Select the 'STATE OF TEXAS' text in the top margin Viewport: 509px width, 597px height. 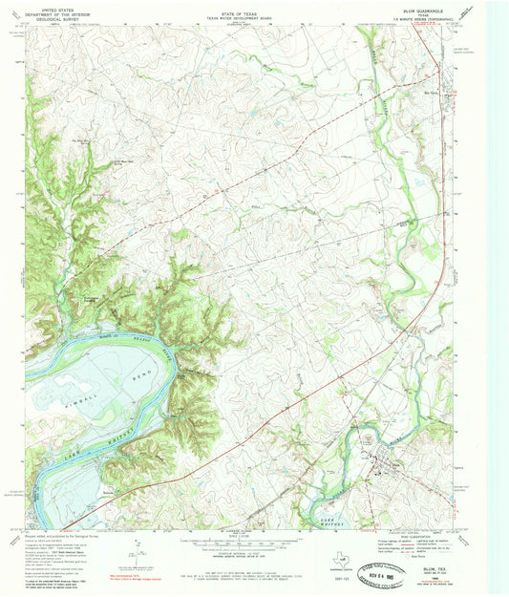click(x=238, y=7)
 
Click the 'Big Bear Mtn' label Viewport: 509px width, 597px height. click(x=84, y=140)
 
